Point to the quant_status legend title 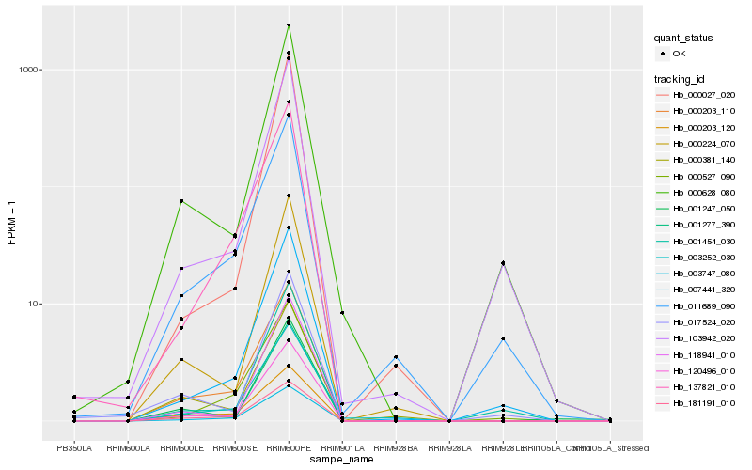tap(683, 38)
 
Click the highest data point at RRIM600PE tap(289, 25)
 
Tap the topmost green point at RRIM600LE tap(181, 201)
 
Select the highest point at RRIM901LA tap(342, 313)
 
